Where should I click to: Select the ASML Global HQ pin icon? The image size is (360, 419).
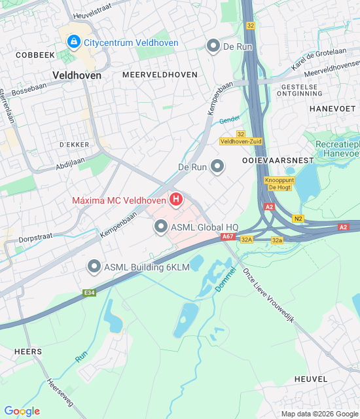pos(161,227)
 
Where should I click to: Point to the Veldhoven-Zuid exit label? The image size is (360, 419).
pos(240,141)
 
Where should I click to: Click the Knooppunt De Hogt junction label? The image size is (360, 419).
pos(279,183)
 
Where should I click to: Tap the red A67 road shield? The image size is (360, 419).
pos(228,236)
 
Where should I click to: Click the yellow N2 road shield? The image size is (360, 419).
pos(298,219)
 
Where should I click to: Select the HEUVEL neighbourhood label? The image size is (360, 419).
pos(310,379)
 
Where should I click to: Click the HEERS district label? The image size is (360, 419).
pos(28,352)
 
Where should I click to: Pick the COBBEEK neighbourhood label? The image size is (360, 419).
pos(36,56)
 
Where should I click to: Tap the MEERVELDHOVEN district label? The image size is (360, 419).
pos(160,75)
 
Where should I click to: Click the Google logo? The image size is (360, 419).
pos(22,411)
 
